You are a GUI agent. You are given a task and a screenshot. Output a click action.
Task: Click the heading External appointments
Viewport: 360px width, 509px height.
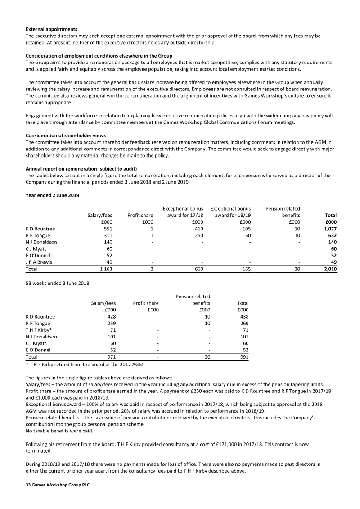click(51, 29)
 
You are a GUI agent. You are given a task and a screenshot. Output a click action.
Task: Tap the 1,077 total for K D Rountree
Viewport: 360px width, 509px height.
click(330, 229)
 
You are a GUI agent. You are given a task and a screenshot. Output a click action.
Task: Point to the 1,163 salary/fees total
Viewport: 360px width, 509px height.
click(103, 269)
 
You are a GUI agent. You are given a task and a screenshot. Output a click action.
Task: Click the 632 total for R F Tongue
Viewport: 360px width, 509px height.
click(332, 235)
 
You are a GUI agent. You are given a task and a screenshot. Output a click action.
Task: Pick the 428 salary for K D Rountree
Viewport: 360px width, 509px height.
click(111, 316)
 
